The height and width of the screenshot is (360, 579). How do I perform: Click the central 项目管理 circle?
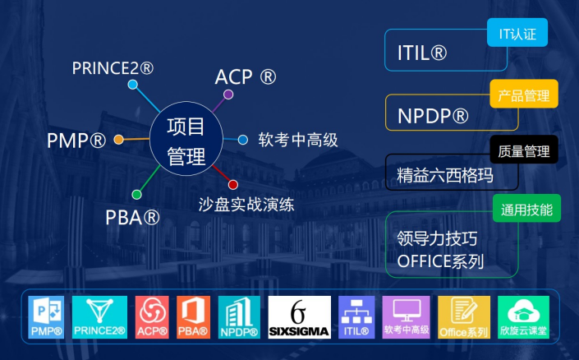186,139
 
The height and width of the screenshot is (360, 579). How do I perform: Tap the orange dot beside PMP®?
118,140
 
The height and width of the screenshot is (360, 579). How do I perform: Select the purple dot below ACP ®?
228,95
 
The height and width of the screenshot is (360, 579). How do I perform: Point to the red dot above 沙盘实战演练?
233,184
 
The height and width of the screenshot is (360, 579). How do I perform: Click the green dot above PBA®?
136,195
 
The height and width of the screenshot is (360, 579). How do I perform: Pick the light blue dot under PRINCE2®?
132,85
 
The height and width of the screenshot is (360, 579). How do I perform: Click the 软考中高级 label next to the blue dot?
298,140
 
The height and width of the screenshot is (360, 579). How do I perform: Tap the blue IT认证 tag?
517,33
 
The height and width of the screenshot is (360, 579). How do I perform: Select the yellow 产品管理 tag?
524,94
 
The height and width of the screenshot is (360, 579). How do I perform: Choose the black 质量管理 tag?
524,150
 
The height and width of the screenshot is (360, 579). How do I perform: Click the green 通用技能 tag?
526,208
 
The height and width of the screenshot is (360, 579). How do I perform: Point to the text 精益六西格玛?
445,175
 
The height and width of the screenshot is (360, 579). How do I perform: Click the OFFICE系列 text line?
440,261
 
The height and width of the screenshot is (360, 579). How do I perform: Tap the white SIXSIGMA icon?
300,317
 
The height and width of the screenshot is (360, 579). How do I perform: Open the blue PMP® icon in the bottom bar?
46,317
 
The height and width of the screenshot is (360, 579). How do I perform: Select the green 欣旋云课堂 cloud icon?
523,317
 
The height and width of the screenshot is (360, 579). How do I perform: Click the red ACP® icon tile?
152,317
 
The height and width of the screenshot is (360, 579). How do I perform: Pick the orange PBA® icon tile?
193,317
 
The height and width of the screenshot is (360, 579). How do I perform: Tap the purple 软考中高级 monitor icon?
407,317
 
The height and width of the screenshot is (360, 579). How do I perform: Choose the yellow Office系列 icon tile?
464,317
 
